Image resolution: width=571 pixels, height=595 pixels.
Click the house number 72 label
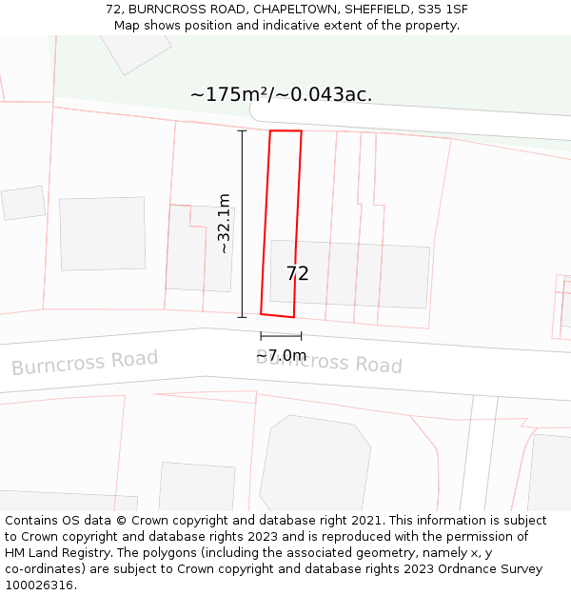point(297,274)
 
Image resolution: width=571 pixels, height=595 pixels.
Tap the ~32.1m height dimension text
point(225,224)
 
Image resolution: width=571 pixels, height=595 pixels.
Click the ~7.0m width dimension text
point(282,356)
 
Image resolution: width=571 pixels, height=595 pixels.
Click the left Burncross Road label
point(85,363)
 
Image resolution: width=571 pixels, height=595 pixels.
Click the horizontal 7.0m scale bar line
point(281,335)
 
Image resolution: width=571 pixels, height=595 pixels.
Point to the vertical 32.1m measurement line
point(242,224)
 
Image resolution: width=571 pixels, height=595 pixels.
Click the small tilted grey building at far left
point(24,203)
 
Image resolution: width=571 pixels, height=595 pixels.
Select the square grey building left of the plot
point(102,233)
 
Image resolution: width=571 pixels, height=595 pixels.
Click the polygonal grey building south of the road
point(314,466)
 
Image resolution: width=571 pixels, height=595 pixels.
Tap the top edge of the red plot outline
point(285,131)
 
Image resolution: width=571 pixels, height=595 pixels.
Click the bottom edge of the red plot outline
point(277,315)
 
